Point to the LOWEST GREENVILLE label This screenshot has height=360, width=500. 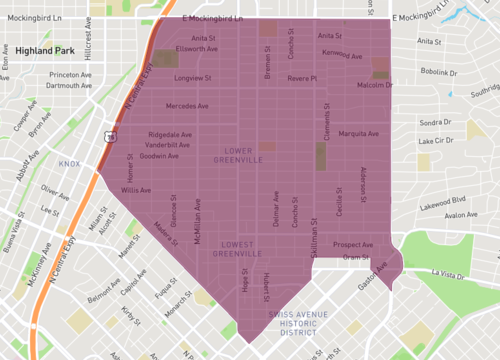pyautogui.click(x=237, y=249)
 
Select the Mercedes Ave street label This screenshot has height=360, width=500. pyautogui.click(x=187, y=105)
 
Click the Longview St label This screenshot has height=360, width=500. pyautogui.click(x=192, y=77)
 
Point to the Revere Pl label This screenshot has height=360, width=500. pyautogui.click(x=301, y=77)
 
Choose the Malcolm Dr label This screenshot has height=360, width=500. pyautogui.click(x=375, y=86)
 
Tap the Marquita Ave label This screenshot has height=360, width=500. pyautogui.click(x=359, y=133)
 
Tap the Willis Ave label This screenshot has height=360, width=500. pyautogui.click(x=136, y=189)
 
